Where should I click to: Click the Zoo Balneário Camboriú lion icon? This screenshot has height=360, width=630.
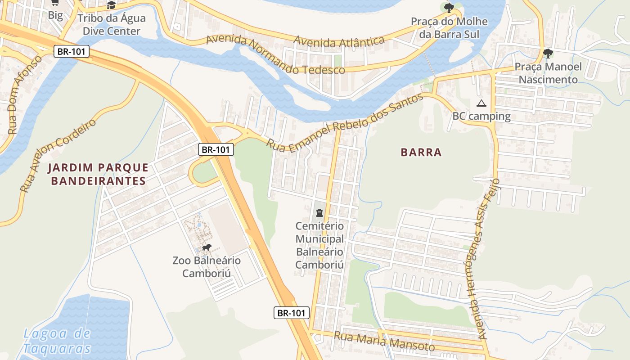pyautogui.click(x=207, y=248)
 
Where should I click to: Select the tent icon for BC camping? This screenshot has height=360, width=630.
pyautogui.click(x=481, y=103)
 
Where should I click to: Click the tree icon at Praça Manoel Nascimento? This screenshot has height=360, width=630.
pyautogui.click(x=548, y=54)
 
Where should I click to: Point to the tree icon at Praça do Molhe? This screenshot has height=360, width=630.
pyautogui.click(x=449, y=8)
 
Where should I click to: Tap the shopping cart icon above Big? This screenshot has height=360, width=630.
pyautogui.click(x=55, y=3)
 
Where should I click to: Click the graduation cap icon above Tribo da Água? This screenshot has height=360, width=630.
pyautogui.click(x=111, y=5)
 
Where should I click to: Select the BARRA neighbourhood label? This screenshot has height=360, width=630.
pyautogui.click(x=421, y=153)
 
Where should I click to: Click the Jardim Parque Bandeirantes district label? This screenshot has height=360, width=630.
pyautogui.click(x=98, y=175)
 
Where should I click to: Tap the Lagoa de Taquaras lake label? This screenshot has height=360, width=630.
pyautogui.click(x=57, y=341)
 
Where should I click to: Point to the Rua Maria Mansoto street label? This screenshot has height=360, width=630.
pyautogui.click(x=384, y=341)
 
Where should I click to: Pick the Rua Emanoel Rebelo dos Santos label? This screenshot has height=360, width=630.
pyautogui.click(x=345, y=123)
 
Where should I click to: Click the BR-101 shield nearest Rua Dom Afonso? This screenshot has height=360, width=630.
pyautogui.click(x=71, y=51)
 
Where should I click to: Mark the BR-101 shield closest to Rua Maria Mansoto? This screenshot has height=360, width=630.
pyautogui.click(x=292, y=313)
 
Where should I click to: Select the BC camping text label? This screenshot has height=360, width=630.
pyautogui.click(x=481, y=117)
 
